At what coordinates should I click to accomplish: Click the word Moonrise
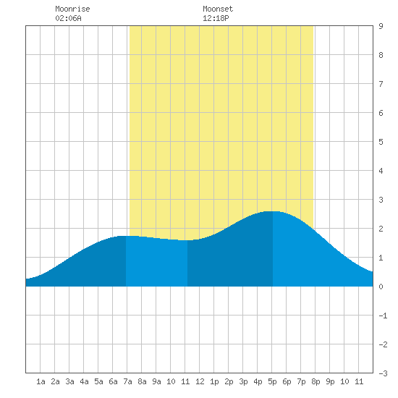click(x=72, y=9)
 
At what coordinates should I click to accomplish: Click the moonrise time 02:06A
click(x=68, y=18)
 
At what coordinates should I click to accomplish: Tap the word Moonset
click(x=218, y=9)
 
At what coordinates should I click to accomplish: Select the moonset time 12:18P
click(x=216, y=18)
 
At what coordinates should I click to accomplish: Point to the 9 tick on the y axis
click(x=381, y=26)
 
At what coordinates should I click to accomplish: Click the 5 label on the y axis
click(x=381, y=142)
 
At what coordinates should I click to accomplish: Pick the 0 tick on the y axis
click(x=381, y=287)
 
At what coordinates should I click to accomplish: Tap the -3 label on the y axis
click(x=383, y=373)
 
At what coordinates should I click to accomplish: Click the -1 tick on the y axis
click(x=383, y=316)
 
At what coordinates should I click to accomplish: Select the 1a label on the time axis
click(x=41, y=381)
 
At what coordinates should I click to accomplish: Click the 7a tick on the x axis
click(x=127, y=381)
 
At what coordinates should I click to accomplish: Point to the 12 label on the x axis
click(x=200, y=381)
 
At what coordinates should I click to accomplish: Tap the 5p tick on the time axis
click(x=272, y=381)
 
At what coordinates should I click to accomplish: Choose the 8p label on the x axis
click(x=316, y=381)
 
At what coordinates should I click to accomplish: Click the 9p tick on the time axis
click(x=330, y=381)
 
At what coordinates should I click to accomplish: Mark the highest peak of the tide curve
click(x=272, y=211)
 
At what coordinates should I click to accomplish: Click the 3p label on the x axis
click(x=243, y=381)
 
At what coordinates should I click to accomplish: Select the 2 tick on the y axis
click(x=381, y=229)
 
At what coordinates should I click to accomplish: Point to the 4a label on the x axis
click(x=84, y=381)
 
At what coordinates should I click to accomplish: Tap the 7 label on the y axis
click(x=381, y=84)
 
